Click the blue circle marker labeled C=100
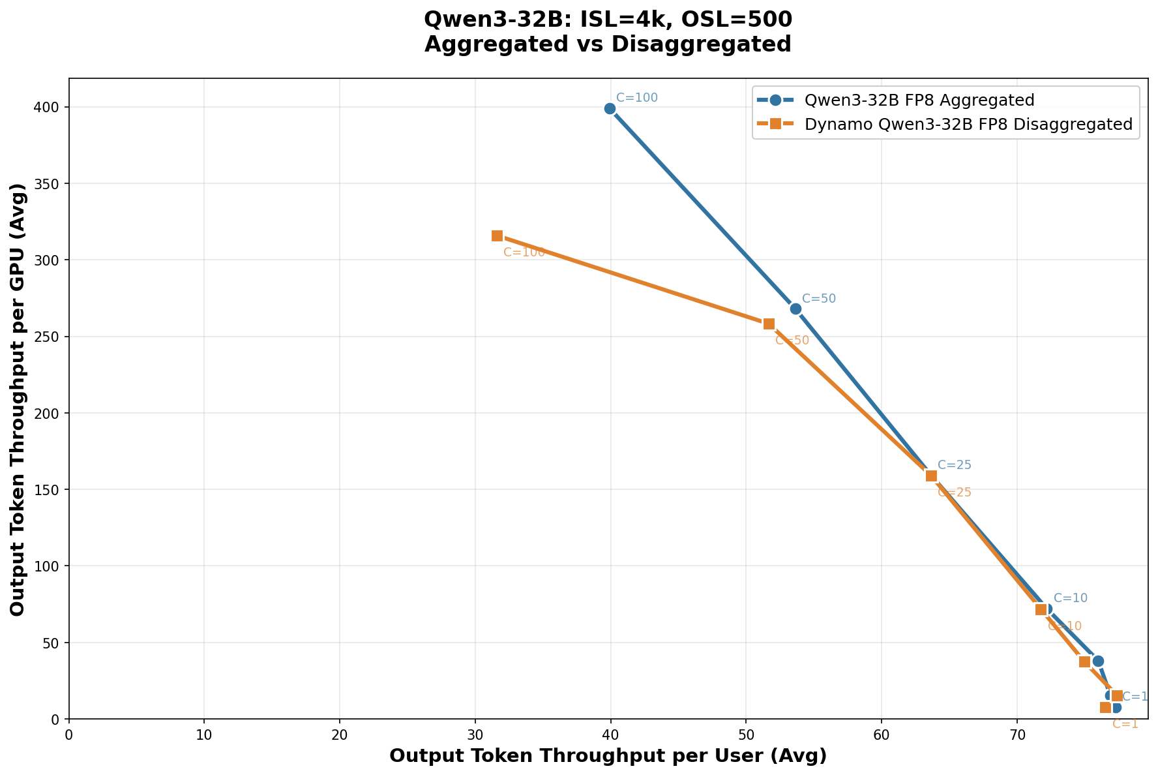(610, 108)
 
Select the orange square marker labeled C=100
(497, 236)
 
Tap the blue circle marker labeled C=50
(795, 309)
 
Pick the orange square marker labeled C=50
(769, 324)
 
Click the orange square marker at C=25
(931, 476)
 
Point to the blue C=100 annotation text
(637, 98)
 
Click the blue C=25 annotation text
(955, 465)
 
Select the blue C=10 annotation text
(1071, 598)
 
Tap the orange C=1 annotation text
(1125, 723)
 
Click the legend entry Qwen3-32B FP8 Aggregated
(919, 100)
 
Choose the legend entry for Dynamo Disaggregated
(968, 124)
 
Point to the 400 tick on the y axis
(52, 107)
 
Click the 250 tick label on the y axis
(52, 337)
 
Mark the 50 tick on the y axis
(55, 643)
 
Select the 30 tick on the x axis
(475, 731)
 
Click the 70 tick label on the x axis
(1017, 731)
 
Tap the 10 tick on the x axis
(204, 731)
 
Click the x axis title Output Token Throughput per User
(608, 755)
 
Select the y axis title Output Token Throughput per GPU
(18, 399)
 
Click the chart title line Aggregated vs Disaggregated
(608, 44)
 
